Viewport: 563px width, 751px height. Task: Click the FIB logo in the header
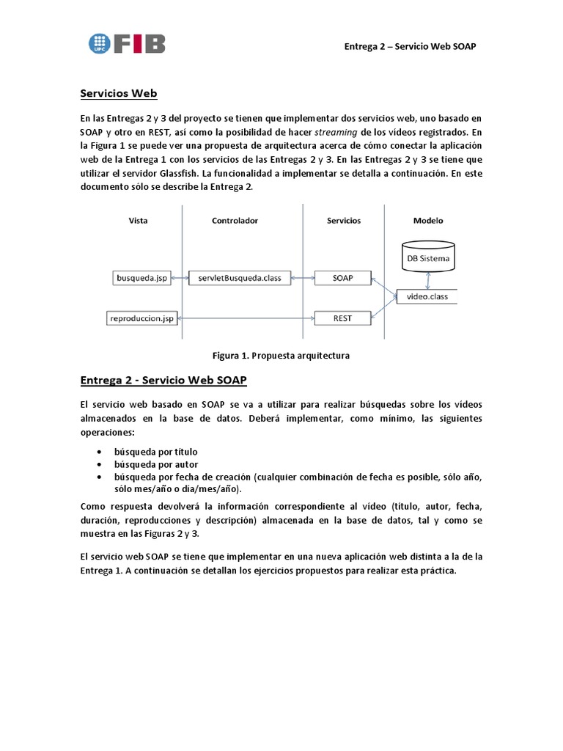coord(127,43)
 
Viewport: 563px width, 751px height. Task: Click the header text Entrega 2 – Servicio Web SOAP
coord(411,47)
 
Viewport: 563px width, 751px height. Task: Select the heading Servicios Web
coord(118,94)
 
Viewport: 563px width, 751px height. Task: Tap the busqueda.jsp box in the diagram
coord(142,278)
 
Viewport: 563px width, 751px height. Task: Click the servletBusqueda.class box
coord(239,278)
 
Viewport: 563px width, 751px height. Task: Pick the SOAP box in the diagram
coord(342,278)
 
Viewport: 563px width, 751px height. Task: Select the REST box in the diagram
coord(342,318)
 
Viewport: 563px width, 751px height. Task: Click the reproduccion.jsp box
coord(142,318)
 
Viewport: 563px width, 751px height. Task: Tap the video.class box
coord(426,296)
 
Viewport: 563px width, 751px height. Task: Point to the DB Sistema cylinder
coord(429,257)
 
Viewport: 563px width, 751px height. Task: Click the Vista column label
coord(138,220)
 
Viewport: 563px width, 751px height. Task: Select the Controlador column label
coord(235,220)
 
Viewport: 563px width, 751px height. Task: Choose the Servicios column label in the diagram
coord(343,220)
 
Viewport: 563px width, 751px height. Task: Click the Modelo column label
coord(428,220)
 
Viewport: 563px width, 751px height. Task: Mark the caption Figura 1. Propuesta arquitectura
coord(281,356)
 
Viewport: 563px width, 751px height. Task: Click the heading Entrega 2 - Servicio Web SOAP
coord(163,380)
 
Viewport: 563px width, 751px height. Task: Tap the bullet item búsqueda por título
coord(155,452)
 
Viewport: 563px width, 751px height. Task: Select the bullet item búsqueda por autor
coord(155,464)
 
